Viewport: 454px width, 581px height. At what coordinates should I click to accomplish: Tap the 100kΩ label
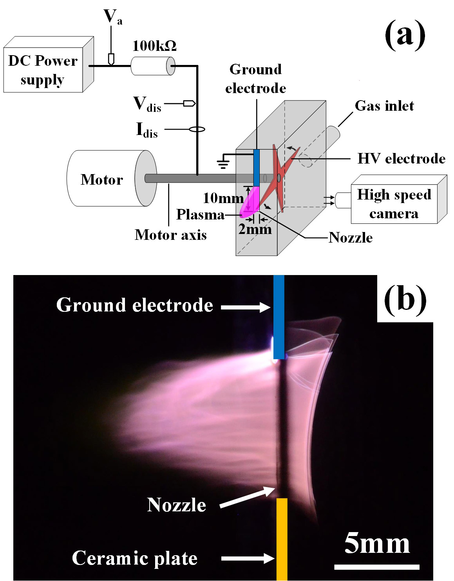[x=154, y=46]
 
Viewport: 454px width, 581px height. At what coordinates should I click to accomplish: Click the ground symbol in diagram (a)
[x=223, y=161]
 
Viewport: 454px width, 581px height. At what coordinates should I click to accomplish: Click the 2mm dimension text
[x=255, y=229]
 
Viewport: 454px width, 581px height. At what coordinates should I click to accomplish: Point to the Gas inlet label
[x=384, y=106]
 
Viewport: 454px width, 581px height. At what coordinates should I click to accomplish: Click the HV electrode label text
[x=402, y=158]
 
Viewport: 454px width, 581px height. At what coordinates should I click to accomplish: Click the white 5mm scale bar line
[x=376, y=566]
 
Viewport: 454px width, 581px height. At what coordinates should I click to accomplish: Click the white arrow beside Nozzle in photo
[x=243, y=497]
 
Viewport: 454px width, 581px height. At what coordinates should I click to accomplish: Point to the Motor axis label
[x=170, y=234]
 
